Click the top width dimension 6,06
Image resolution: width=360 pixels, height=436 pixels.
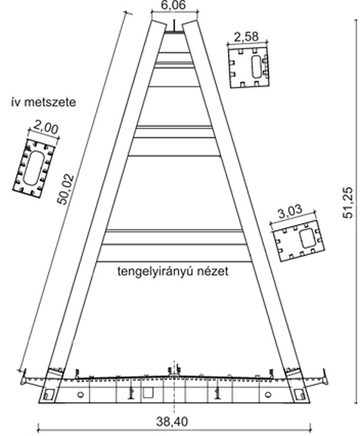pos(173,5)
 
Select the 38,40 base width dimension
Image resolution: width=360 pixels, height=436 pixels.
pos(172,421)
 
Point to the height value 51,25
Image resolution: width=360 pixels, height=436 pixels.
pos(348,202)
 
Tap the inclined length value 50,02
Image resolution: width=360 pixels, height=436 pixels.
pos(65,189)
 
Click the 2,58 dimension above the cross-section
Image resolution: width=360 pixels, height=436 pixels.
pos(246,36)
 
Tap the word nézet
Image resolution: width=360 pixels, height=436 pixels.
pos(213,272)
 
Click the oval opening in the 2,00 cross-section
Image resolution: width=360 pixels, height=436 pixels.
pos(34,168)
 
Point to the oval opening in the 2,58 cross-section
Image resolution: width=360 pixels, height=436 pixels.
pos(256,67)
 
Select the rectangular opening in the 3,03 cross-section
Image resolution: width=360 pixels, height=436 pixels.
pos(308,238)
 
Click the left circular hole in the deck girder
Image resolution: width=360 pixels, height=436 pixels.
pos(81,395)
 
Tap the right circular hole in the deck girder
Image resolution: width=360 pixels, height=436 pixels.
pos(268,395)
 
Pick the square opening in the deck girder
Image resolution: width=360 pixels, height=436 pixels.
pos(148,392)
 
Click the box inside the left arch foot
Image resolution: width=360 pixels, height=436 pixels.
pos(49,395)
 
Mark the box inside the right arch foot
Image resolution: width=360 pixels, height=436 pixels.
pos(299,395)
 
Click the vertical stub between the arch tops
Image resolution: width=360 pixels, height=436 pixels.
pos(174,25)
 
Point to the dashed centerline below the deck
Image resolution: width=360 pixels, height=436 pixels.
pos(174,408)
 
